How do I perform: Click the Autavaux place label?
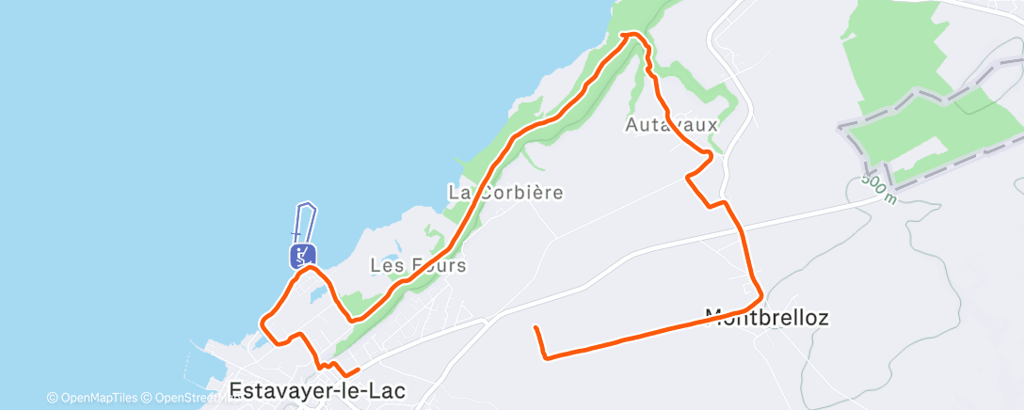(672, 124)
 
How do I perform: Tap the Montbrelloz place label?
(766, 318)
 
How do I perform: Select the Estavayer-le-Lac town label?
(317, 390)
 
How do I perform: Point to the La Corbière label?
(505, 193)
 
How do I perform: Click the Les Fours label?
(418, 265)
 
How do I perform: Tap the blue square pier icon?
(301, 255)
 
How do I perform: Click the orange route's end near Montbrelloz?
(535, 327)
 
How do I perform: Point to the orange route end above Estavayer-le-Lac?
(359, 370)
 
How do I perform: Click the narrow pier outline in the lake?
(304, 222)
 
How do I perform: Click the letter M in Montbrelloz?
(713, 318)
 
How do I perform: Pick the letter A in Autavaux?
(632, 124)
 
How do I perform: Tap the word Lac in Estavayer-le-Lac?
(387, 390)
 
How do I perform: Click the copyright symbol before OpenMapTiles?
(52, 398)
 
